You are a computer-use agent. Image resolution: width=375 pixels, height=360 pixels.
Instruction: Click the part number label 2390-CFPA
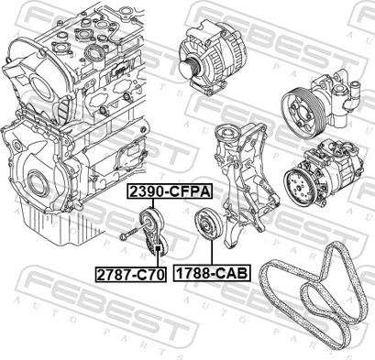point(170,191)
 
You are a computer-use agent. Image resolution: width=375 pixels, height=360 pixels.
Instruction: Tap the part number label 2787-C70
point(131,275)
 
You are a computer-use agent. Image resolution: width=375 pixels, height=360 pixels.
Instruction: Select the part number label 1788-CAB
point(212,273)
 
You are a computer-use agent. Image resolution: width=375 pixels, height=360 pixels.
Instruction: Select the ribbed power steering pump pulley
point(300,112)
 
